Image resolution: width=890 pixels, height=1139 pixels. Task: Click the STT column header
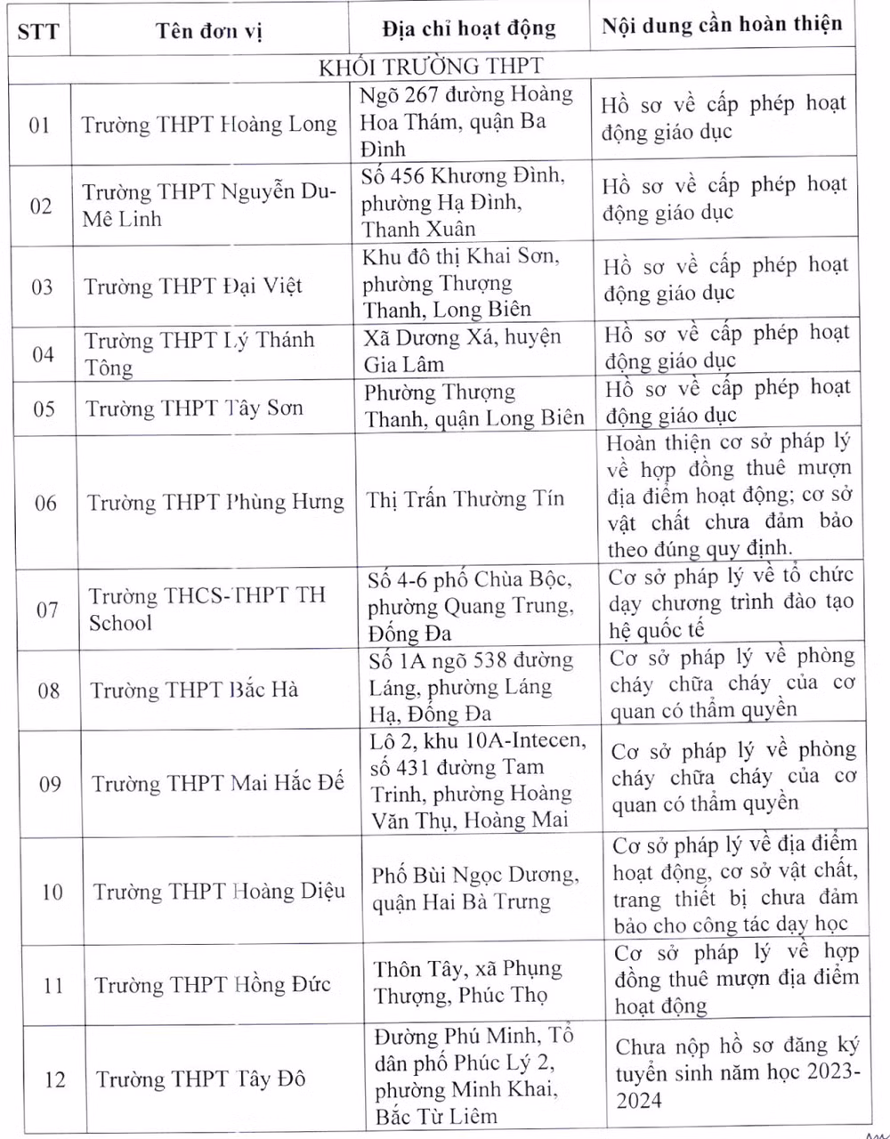(x=38, y=32)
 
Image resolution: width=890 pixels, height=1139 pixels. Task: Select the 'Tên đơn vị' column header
(x=209, y=31)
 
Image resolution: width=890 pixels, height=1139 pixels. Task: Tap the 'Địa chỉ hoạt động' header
(x=469, y=28)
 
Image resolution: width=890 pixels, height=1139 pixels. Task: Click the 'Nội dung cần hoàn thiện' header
(x=722, y=25)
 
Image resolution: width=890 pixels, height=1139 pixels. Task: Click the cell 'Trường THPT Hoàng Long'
(x=210, y=125)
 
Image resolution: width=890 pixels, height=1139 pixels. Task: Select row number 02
(x=41, y=206)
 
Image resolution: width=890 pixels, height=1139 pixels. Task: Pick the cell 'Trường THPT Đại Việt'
(x=193, y=287)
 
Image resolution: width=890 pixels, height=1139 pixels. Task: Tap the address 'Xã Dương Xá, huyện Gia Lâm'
(x=463, y=351)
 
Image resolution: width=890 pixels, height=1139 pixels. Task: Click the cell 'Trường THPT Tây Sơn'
(x=194, y=408)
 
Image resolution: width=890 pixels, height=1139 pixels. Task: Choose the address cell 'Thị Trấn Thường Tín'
(x=465, y=499)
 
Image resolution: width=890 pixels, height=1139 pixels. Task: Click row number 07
(x=47, y=610)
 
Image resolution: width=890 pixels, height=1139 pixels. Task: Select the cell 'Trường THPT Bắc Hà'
(x=194, y=690)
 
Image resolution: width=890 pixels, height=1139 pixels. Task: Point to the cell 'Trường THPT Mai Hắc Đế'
(x=218, y=783)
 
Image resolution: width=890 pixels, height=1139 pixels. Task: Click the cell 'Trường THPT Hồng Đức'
(x=213, y=984)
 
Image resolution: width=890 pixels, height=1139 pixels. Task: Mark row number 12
(x=54, y=1079)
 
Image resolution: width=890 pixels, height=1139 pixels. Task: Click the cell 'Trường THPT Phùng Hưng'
(x=215, y=503)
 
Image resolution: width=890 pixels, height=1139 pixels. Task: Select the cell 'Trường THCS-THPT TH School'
(x=206, y=609)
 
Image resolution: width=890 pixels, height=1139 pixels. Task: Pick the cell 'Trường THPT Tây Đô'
(x=201, y=1079)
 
